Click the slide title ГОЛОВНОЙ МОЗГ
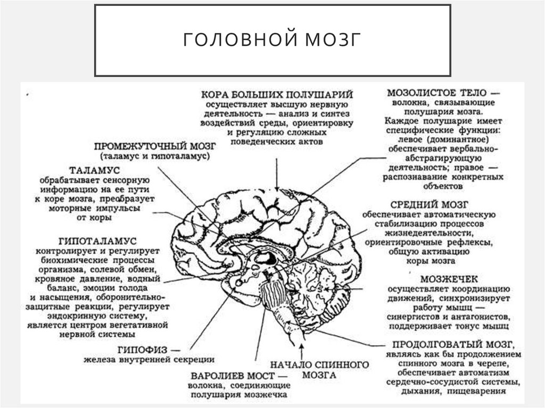[x=272, y=40]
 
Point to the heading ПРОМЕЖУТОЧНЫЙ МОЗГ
[x=154, y=146]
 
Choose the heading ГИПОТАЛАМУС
[x=94, y=241]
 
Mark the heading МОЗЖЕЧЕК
[x=449, y=278]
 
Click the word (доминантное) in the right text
[x=463, y=139]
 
